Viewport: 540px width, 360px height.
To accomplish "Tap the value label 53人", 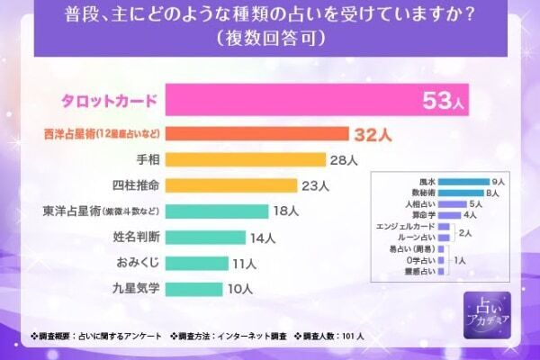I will [442, 101].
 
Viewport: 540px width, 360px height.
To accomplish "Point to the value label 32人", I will [373, 134].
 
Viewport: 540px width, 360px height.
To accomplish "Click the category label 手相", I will [146, 160].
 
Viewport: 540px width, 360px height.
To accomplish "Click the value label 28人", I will [345, 160].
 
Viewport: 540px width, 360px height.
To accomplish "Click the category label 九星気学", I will [138, 290].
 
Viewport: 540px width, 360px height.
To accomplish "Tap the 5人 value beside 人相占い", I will [476, 204].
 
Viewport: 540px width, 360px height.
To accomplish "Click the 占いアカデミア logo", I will [489, 309].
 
